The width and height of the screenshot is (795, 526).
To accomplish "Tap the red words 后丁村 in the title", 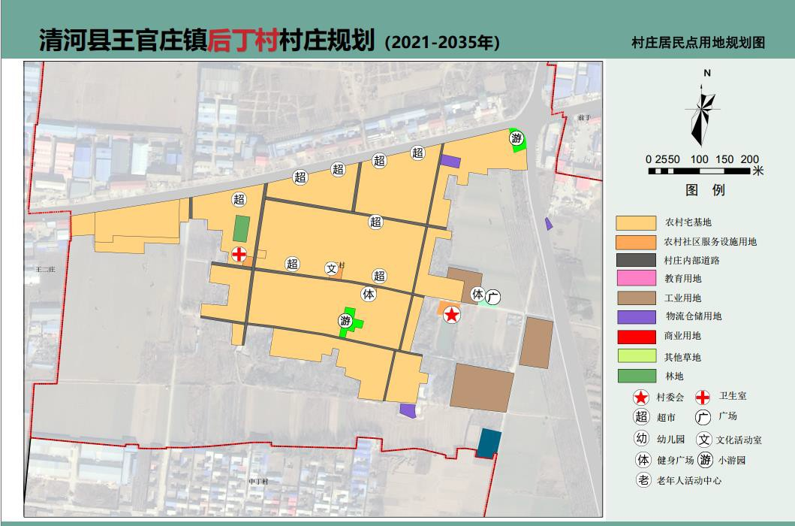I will pos(242,40).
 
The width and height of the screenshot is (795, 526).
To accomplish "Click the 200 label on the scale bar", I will pos(749,159).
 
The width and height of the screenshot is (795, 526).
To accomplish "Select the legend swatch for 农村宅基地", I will pos(635,222).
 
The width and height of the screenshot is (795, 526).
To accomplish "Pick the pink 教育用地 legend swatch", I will pos(635,279).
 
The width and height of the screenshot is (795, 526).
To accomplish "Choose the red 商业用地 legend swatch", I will pos(635,336).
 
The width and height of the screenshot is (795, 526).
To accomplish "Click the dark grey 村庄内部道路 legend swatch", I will pos(635,261).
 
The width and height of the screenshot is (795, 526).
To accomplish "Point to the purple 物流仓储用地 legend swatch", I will pos(635,317).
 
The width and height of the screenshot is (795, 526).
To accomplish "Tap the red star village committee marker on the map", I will pos(451,315).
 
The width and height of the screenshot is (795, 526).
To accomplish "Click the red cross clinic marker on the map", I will pos(239,255).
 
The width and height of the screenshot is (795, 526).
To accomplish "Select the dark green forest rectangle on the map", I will pos(242,228).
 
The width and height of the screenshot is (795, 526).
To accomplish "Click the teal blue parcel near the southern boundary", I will pos(489,443).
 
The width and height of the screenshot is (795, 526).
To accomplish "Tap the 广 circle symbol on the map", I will pos(492,297).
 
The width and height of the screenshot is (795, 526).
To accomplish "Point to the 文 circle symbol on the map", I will pos(331,268).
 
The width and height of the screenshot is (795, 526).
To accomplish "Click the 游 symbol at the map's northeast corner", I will pos(516,138).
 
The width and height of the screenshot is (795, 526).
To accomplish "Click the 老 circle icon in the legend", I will pos(643,480).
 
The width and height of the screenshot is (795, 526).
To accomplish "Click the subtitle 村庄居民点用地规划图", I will pos(698,43).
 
